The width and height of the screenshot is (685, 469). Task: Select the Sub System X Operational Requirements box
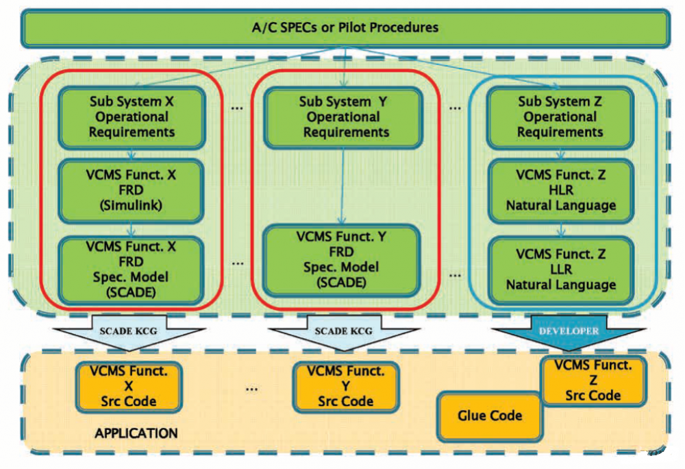[132, 117]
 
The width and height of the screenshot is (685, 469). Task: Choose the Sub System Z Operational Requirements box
[560, 117]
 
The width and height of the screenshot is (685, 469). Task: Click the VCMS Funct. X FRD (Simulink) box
[132, 191]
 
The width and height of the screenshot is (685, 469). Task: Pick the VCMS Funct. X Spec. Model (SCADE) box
[132, 269]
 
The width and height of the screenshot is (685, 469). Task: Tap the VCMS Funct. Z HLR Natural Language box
[560, 191]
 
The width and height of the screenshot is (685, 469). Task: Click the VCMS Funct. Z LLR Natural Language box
[560, 269]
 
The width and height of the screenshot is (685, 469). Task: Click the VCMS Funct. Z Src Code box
[593, 381]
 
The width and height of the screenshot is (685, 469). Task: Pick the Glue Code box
[489, 416]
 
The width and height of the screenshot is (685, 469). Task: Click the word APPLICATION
[136, 433]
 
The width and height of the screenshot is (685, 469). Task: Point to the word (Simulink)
[132, 206]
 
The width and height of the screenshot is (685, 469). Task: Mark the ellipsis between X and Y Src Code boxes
[251, 388]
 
